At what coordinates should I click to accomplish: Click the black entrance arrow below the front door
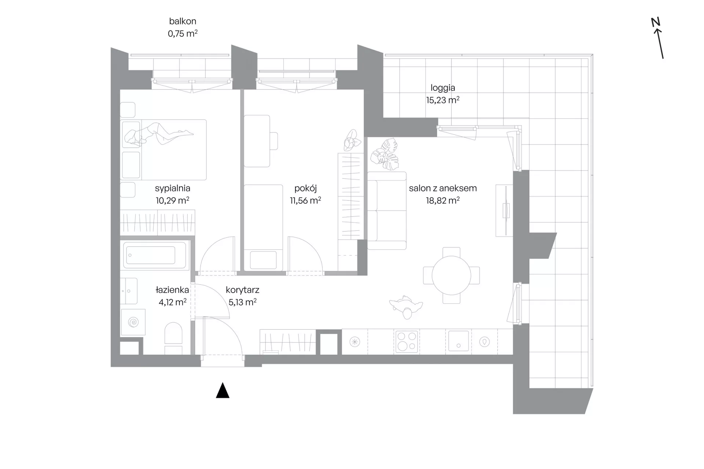point(223,391)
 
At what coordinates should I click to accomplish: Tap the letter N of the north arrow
point(656,22)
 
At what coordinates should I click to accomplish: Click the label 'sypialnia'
point(172,188)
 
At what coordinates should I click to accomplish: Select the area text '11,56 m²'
point(305,200)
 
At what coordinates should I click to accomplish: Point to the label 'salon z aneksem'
point(443,188)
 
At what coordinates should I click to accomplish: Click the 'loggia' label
point(443,88)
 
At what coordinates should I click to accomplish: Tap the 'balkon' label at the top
point(183,21)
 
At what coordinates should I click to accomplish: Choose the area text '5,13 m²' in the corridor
point(242,302)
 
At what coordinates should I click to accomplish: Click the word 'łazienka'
point(172,290)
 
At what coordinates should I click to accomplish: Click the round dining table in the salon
point(451,276)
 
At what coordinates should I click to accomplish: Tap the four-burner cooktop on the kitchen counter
point(407,342)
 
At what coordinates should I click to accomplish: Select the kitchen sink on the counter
point(458,341)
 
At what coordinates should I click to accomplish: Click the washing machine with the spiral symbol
point(133,322)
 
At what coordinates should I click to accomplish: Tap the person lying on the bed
point(158,134)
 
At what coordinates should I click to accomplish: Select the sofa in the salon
point(387,211)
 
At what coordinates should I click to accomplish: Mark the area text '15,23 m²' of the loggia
point(443,100)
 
